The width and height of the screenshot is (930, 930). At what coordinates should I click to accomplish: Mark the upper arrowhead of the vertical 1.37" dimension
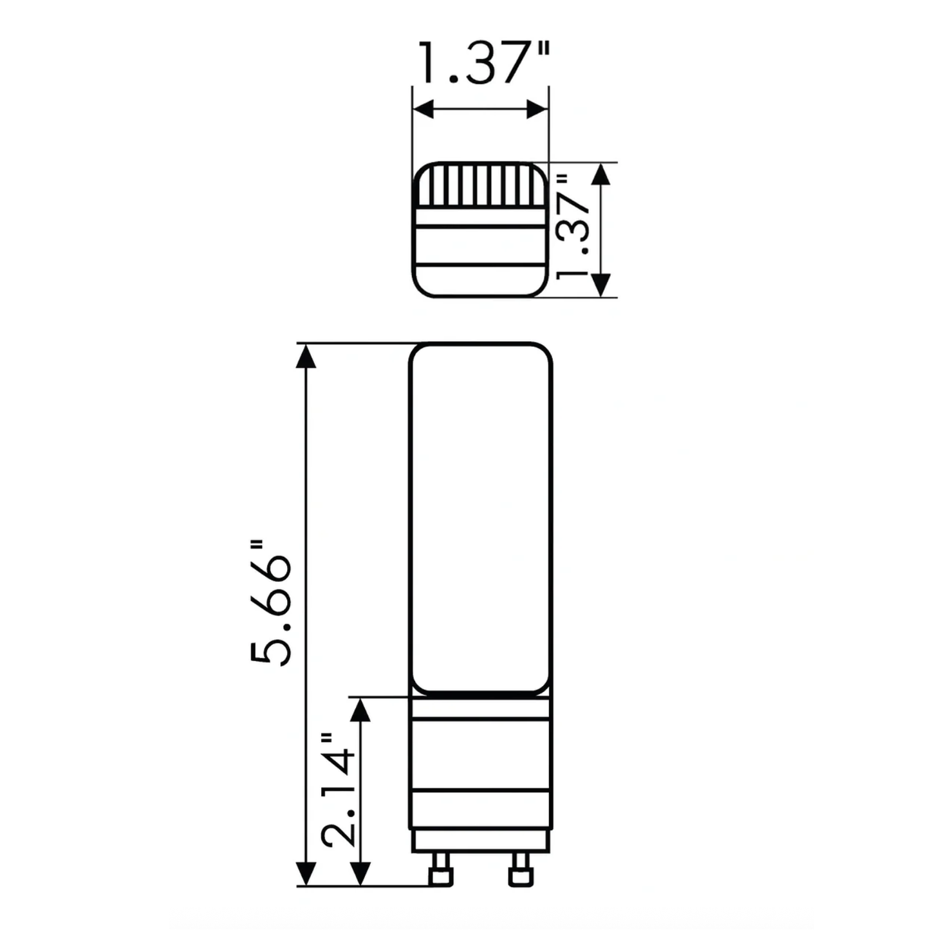click(x=600, y=175)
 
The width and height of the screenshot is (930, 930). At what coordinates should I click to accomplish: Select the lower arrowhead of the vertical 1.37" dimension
click(x=600, y=284)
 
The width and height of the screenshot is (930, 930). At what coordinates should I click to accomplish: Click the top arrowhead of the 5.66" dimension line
click(x=306, y=356)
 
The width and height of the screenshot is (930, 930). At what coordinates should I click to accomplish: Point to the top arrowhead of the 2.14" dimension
click(x=360, y=709)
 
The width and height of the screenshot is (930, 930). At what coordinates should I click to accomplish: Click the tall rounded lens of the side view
click(x=480, y=518)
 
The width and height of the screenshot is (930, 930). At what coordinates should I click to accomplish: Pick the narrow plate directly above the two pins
click(x=480, y=839)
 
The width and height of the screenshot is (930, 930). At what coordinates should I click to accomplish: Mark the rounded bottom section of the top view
click(x=480, y=281)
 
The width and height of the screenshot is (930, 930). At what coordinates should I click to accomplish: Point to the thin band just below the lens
click(x=480, y=708)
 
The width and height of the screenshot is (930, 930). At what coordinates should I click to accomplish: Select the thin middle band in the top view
click(x=480, y=218)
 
